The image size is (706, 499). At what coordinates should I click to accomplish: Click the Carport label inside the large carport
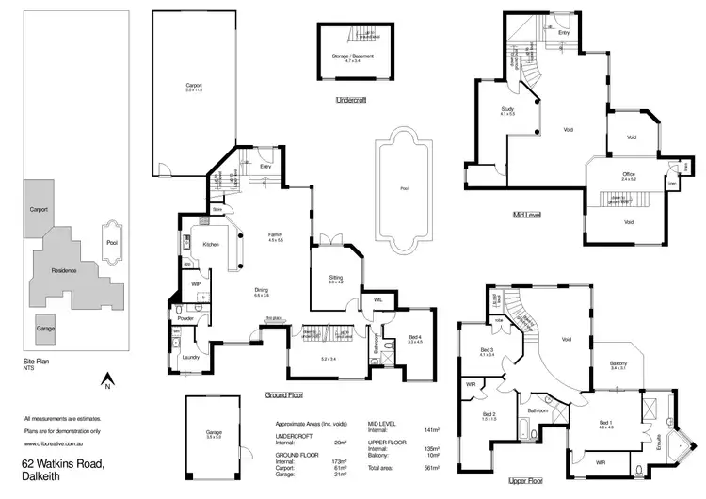coord(193,86)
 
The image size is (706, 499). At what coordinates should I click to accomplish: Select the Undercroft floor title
coord(350,99)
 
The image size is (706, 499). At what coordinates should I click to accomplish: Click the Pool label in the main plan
coord(404,189)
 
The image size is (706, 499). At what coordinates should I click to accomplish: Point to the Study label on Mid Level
coord(506,109)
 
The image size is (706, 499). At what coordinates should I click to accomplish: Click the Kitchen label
coord(210,244)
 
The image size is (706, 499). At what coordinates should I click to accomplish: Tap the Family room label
coord(275,235)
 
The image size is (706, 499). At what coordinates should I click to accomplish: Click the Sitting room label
coord(335,278)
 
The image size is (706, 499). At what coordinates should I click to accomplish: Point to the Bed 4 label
coord(414,337)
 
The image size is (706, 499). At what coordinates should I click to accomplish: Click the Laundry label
coord(193,357)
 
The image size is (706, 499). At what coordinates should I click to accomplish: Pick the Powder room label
coord(185,317)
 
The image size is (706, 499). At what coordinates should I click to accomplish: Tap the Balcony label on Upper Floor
coord(618,364)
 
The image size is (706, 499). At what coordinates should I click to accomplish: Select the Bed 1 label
coord(604,423)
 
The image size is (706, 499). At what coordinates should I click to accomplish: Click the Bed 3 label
coord(487,350)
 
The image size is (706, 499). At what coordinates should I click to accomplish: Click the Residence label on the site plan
coord(64,270)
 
